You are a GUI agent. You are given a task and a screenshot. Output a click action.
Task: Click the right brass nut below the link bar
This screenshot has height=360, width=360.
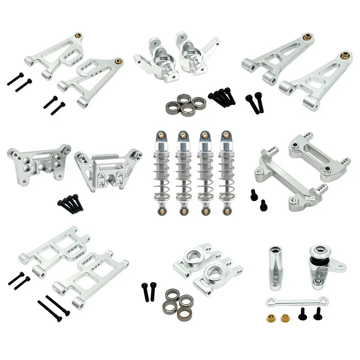point(285,318)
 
